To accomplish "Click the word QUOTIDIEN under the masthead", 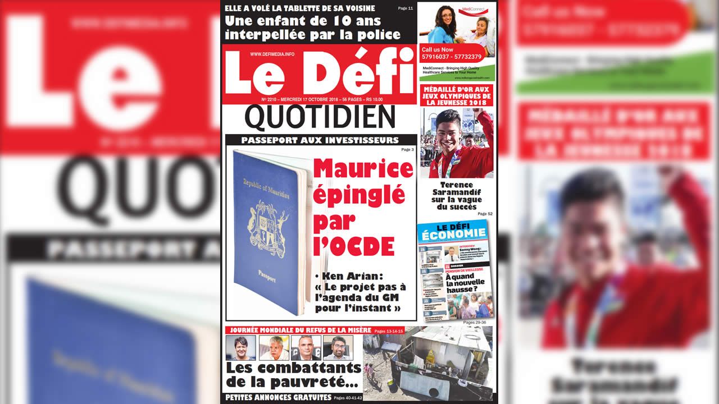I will point(320,117).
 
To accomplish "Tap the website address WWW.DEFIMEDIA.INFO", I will point(272,54).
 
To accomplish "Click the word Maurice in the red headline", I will point(363,168).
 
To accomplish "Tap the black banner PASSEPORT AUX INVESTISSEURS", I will point(320,140).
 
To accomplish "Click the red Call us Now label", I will point(437,49).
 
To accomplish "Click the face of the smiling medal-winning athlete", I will point(448,133).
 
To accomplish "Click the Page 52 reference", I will point(485,214).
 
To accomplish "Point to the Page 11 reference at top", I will point(406,8).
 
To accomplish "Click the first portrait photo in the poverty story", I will point(240,347).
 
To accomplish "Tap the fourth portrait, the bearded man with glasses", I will point(338,347).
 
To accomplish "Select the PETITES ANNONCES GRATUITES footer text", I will point(277,397).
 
